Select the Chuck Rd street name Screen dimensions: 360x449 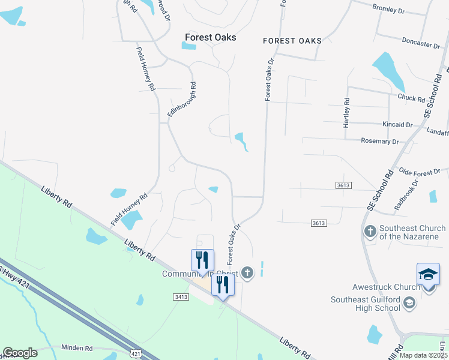click(411, 98)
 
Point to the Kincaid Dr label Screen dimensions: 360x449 click(397, 125)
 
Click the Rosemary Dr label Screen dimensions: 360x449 click(380, 142)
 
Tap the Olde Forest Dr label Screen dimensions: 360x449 click(420, 172)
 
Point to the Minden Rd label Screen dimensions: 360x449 click(76, 348)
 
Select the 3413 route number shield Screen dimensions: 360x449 click(181, 296)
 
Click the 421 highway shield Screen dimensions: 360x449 click(136, 354)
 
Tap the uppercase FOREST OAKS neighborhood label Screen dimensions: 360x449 click(292, 41)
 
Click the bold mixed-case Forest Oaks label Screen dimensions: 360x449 click(210, 37)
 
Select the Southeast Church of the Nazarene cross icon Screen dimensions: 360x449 click(370, 231)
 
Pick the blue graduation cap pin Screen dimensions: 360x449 click(429, 274)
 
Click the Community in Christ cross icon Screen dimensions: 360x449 click(247, 274)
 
